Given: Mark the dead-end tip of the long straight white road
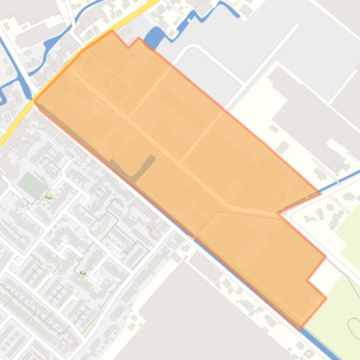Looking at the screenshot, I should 297,24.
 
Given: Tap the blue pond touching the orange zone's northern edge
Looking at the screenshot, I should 155,38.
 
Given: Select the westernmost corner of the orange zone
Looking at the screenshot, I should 35,101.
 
